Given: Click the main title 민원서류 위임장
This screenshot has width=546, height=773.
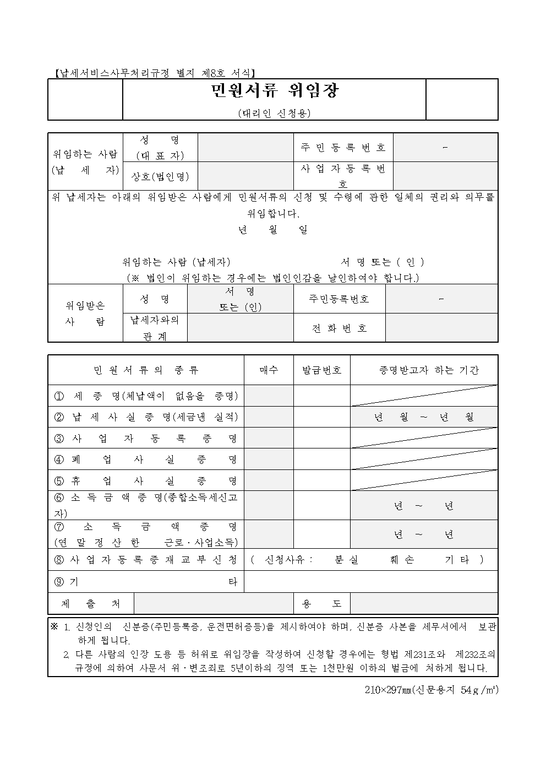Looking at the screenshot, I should click(x=274, y=91).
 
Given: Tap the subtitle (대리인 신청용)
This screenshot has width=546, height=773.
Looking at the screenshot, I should click(x=274, y=113).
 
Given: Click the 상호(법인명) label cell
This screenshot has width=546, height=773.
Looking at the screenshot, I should click(x=160, y=176).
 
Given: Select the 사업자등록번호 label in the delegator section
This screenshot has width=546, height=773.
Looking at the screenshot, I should click(x=343, y=176).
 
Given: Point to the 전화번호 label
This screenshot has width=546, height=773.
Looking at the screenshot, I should click(x=339, y=328).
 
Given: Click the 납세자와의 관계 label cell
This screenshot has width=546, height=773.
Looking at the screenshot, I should click(x=155, y=328).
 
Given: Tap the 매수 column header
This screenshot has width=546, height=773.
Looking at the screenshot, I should click(x=269, y=370).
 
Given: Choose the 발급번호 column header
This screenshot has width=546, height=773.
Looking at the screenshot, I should click(x=321, y=370).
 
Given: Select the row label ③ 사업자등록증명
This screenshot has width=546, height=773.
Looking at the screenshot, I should click(x=146, y=439).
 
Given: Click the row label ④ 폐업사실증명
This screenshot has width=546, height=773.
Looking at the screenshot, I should click(x=146, y=460).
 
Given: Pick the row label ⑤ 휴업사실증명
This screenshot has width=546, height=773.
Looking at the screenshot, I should click(x=146, y=481).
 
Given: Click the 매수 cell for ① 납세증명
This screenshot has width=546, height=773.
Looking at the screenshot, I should click(x=269, y=396).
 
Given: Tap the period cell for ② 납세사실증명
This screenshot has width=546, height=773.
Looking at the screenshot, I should click(x=424, y=417).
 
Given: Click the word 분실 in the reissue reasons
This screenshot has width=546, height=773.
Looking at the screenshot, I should click(x=346, y=560).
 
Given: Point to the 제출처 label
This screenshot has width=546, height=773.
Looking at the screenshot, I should click(x=91, y=604).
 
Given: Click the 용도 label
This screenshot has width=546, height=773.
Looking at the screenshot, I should click(x=321, y=604).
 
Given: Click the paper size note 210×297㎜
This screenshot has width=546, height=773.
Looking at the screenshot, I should click(x=432, y=690).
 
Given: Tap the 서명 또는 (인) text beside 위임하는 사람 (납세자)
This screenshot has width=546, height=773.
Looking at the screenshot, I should click(x=383, y=262).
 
